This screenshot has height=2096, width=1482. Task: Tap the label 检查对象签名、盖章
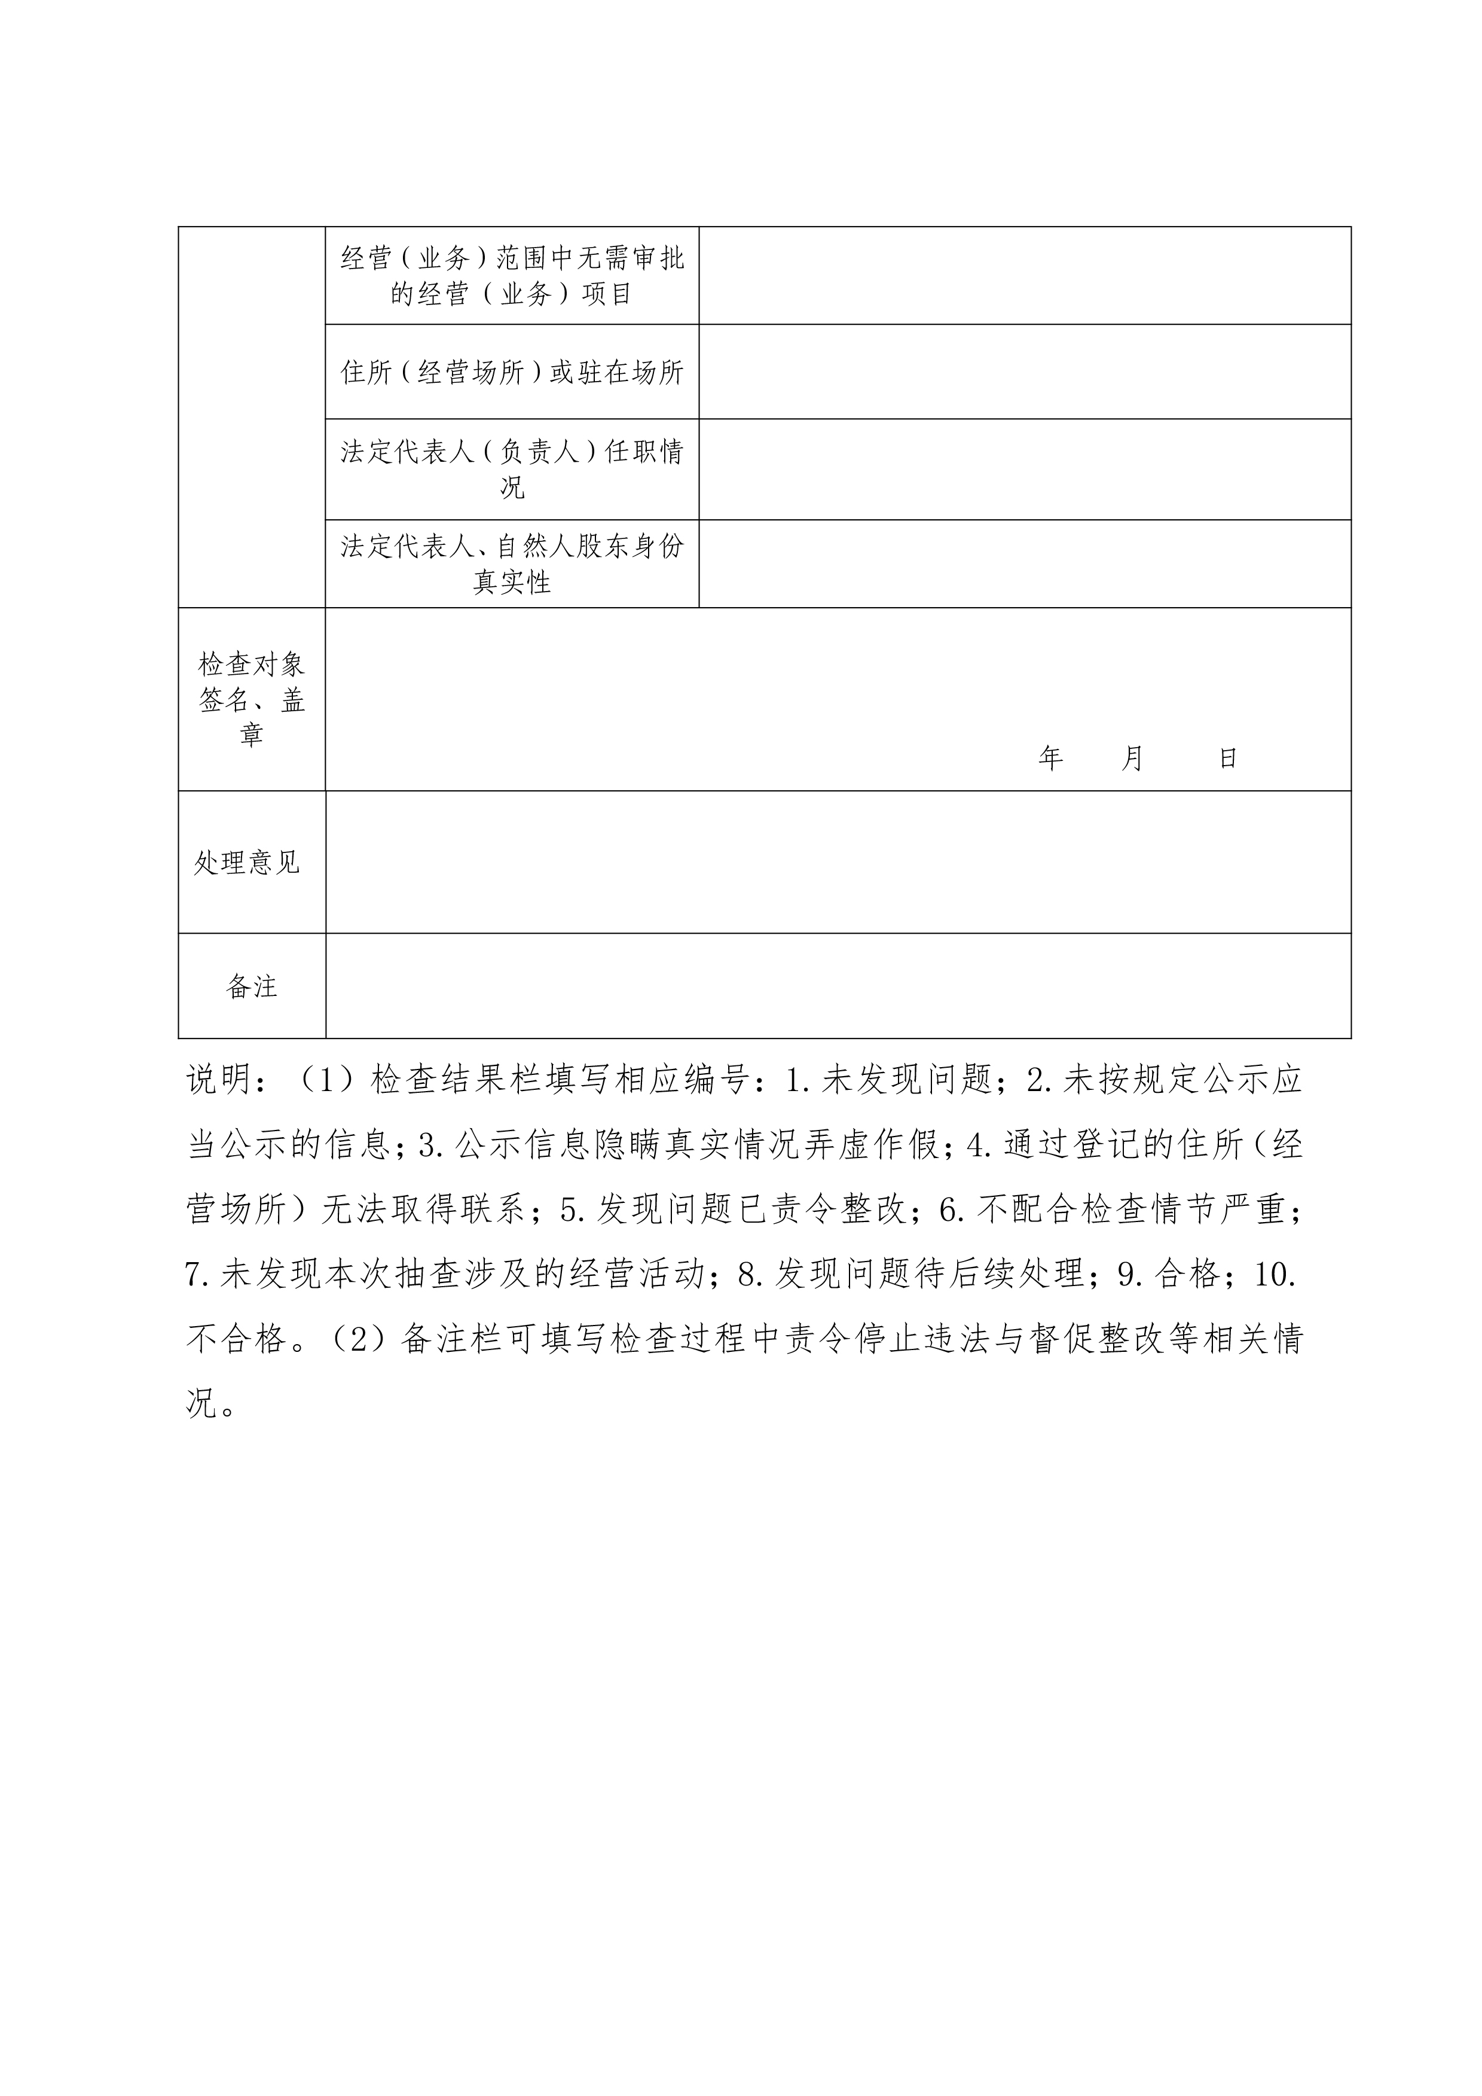pos(251,699)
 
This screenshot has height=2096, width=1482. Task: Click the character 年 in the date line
pos(1050,758)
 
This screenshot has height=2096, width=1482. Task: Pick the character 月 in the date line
pos(1132,758)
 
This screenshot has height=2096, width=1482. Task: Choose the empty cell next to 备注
pos(838,986)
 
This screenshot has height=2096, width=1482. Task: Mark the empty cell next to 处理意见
pos(838,863)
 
